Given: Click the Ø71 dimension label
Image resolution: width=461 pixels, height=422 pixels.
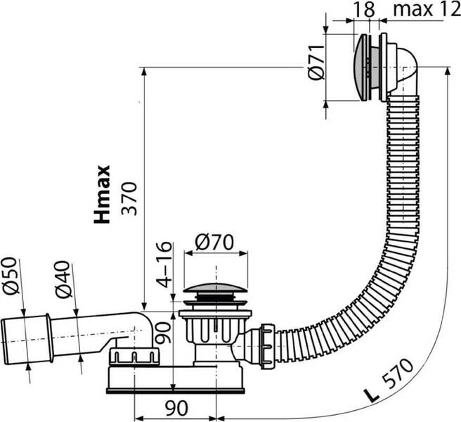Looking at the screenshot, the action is pyautogui.click(x=316, y=62).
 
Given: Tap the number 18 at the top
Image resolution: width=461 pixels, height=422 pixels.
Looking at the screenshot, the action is pyautogui.click(x=364, y=9).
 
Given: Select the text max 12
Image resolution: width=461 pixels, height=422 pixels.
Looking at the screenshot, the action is pyautogui.click(x=427, y=9).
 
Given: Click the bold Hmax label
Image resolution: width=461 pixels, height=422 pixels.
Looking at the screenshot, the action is pyautogui.click(x=102, y=195).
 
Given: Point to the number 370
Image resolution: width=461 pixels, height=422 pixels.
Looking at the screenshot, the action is pyautogui.click(x=129, y=199).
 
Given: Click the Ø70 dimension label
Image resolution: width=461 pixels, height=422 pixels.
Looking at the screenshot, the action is pyautogui.click(x=214, y=242).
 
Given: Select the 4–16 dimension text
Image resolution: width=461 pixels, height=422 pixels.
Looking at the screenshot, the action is pyautogui.click(x=164, y=264).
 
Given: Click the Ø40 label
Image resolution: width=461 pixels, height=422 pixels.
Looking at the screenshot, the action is pyautogui.click(x=63, y=279).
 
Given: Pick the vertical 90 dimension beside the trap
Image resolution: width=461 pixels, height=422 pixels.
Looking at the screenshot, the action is pyautogui.click(x=163, y=333).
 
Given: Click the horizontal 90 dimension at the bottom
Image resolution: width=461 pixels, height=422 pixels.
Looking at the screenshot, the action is pyautogui.click(x=176, y=408).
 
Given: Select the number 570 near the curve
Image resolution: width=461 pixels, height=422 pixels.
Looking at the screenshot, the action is pyautogui.click(x=398, y=374).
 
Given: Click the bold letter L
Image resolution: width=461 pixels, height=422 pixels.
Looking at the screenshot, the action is pyautogui.click(x=371, y=395).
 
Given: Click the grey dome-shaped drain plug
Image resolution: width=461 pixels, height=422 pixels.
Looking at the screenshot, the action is pyautogui.click(x=216, y=288).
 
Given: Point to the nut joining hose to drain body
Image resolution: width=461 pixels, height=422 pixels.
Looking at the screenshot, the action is pyautogui.click(x=268, y=346).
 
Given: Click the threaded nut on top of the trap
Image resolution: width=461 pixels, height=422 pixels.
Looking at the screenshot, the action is pyautogui.click(x=134, y=356).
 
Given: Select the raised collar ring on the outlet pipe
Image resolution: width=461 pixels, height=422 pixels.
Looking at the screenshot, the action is pyautogui.click(x=49, y=338).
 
